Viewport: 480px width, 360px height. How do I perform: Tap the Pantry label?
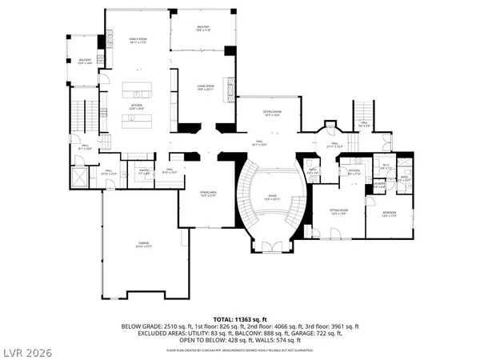pyautogui.click(x=146, y=170)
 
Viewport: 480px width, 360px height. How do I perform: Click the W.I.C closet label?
pyautogui.click(x=384, y=167)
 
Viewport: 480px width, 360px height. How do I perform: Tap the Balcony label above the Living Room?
pyautogui.click(x=203, y=28)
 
